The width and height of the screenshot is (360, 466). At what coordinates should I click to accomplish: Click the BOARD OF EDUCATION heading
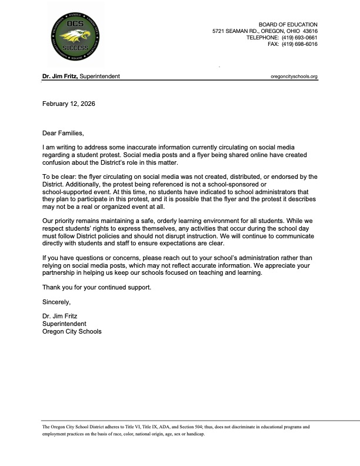coord(292,24)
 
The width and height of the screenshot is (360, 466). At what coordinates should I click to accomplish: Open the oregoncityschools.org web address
coord(294,76)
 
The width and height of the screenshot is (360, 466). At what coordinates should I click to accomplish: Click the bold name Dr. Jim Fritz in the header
coord(59,76)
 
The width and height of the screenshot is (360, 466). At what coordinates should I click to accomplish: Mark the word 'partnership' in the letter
coord(61,273)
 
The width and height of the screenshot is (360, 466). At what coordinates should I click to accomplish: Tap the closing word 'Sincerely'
coord(56,302)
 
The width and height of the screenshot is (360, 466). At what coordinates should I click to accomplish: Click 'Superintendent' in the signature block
coord(65,324)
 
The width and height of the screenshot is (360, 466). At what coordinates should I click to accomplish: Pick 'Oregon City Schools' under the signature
coord(72,331)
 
